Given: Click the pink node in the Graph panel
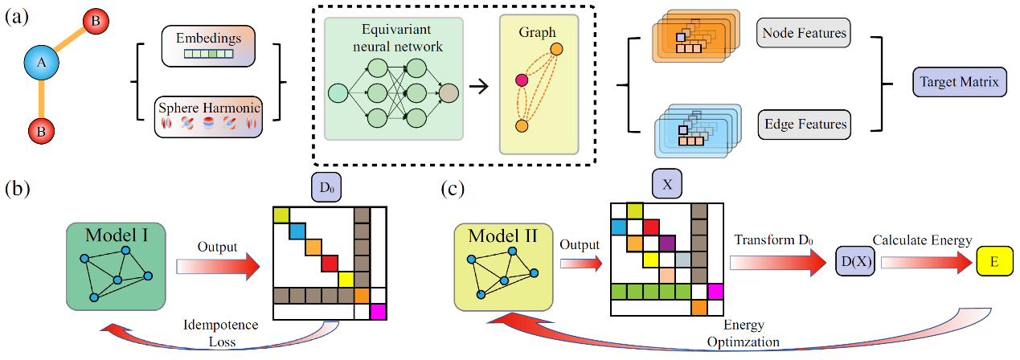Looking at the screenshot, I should (521, 80).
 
